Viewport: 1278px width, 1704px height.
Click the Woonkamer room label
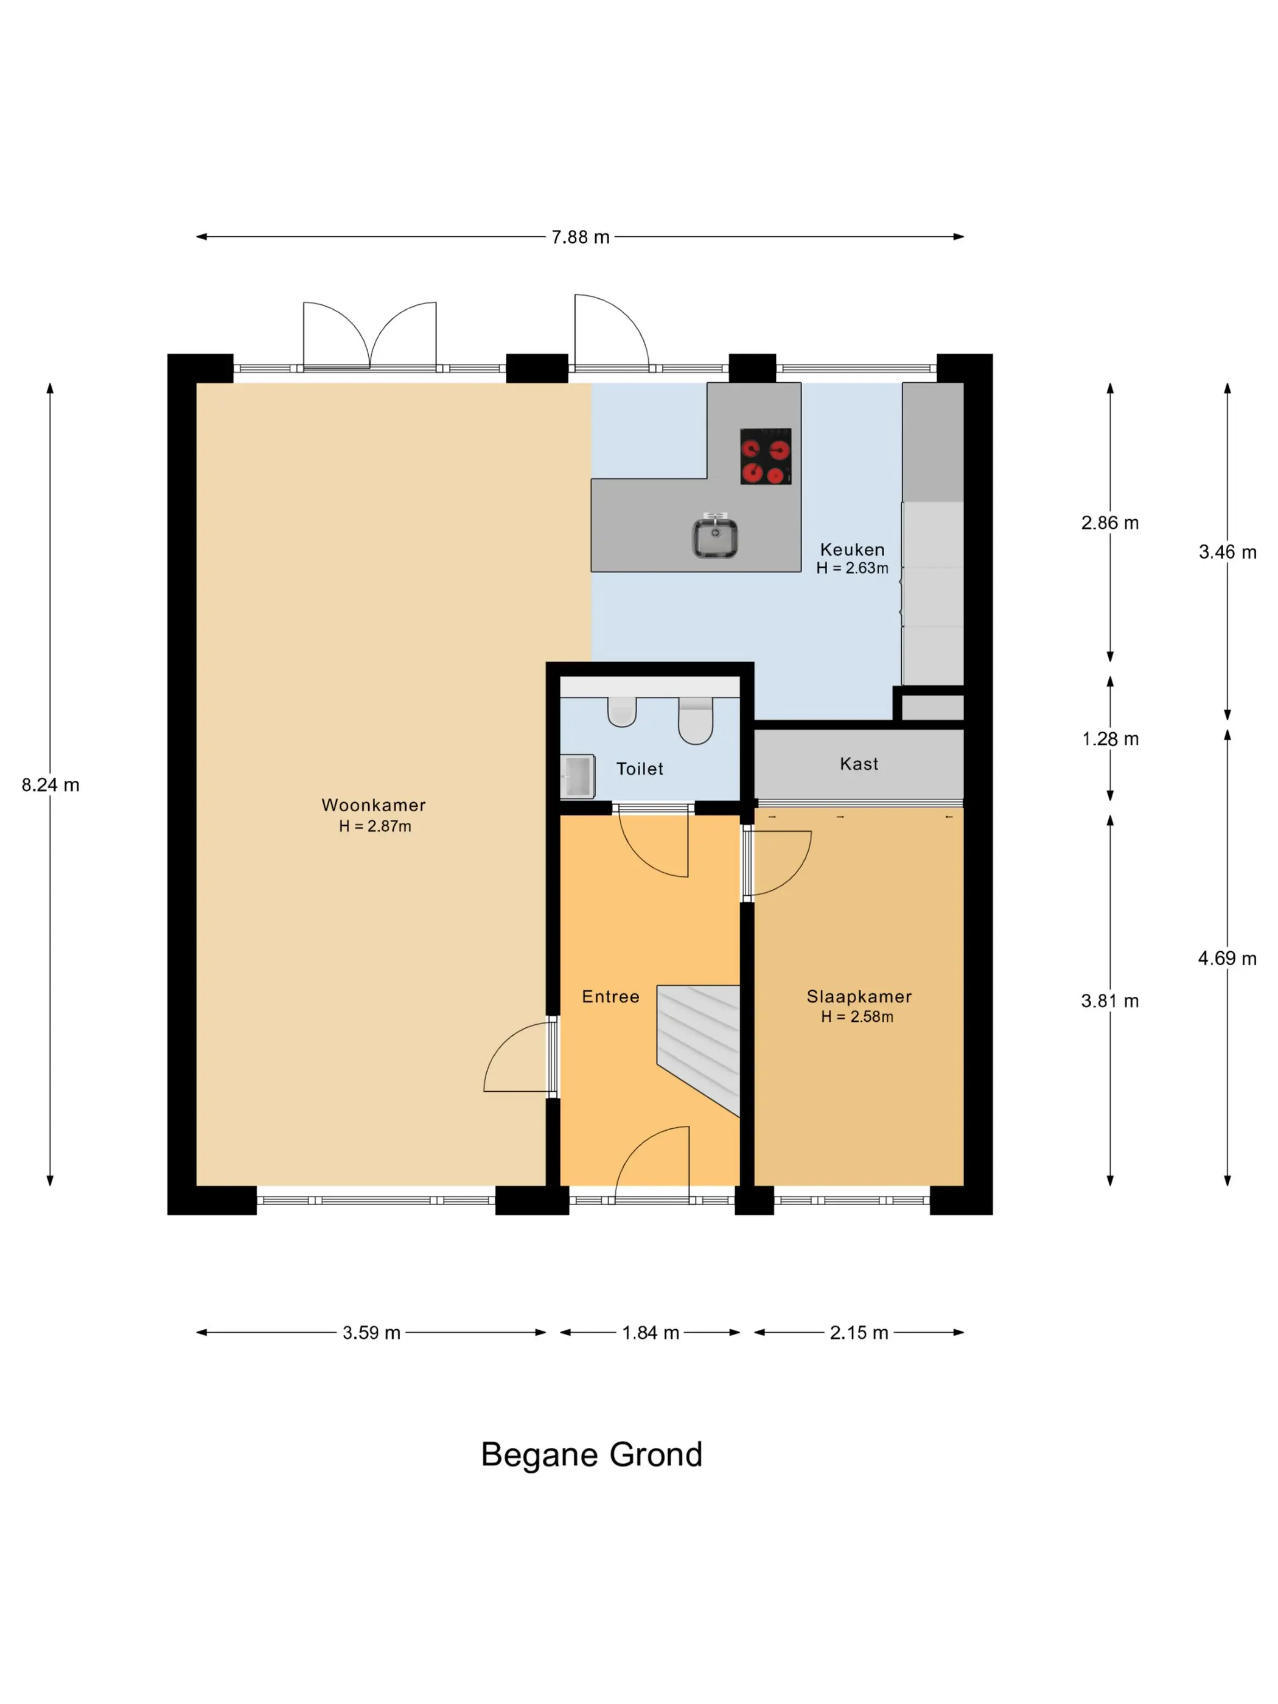click(x=373, y=805)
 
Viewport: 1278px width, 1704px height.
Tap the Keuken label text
click(x=852, y=550)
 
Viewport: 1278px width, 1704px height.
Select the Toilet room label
click(x=640, y=768)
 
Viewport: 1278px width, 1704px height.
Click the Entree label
click(x=610, y=996)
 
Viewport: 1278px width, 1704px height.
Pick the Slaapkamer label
click(x=859, y=996)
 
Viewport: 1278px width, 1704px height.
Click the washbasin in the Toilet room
click(x=577, y=776)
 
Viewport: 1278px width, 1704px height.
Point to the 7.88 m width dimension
click(x=580, y=237)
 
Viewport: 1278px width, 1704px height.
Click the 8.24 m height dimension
click(x=50, y=784)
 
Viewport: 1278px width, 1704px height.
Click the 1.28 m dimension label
click(x=1110, y=739)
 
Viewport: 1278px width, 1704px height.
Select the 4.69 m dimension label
click(x=1227, y=958)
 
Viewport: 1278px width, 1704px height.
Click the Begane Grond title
click(x=592, y=1454)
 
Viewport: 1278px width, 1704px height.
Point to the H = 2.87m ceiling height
click(x=375, y=826)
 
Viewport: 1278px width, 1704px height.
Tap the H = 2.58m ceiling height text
click(x=857, y=1016)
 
